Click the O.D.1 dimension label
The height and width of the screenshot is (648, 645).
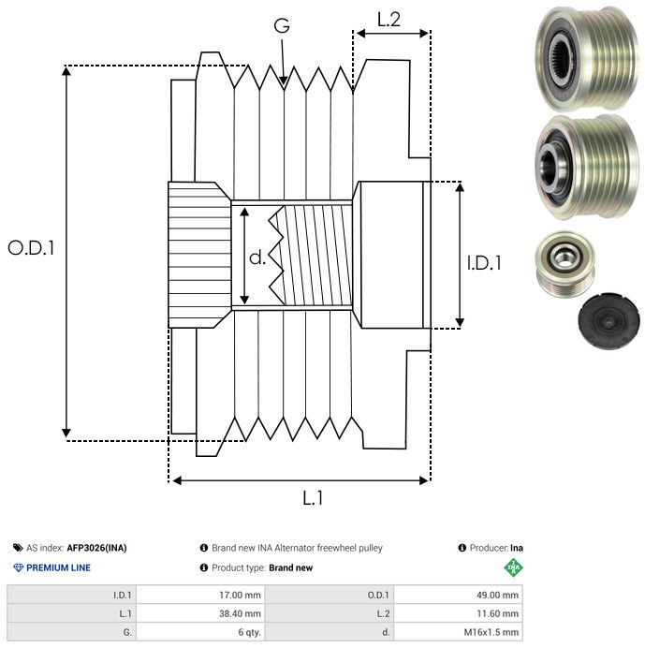tap(32, 248)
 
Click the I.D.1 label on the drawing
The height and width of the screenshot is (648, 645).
tap(484, 264)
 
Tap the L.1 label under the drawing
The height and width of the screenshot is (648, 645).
tap(313, 498)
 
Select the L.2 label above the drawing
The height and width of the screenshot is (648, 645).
tap(388, 18)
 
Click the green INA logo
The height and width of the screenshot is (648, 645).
tap(513, 567)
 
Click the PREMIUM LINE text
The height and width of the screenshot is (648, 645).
tap(59, 567)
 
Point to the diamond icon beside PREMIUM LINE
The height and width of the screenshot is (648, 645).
tap(18, 567)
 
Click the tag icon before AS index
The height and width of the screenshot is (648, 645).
tap(18, 548)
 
